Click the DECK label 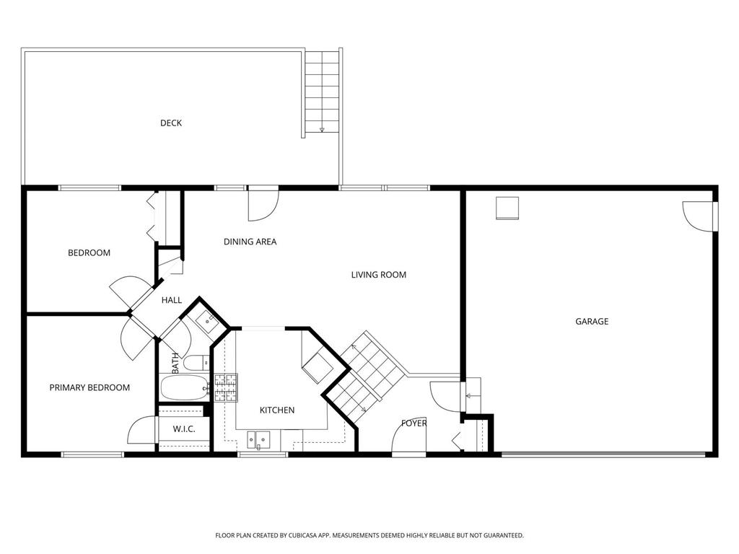(170, 123)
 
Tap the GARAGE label (592, 321)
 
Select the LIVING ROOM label (378, 275)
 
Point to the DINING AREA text (250, 242)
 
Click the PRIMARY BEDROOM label (89, 387)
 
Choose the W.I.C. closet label (184, 429)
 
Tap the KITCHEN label (277, 410)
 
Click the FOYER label (414, 423)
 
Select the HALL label (172, 300)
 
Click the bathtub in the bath (184, 387)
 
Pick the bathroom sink (206, 322)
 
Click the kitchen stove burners (226, 387)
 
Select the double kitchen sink (259, 441)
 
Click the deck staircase (322, 92)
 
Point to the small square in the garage (507, 208)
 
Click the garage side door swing (699, 217)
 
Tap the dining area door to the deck (263, 204)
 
